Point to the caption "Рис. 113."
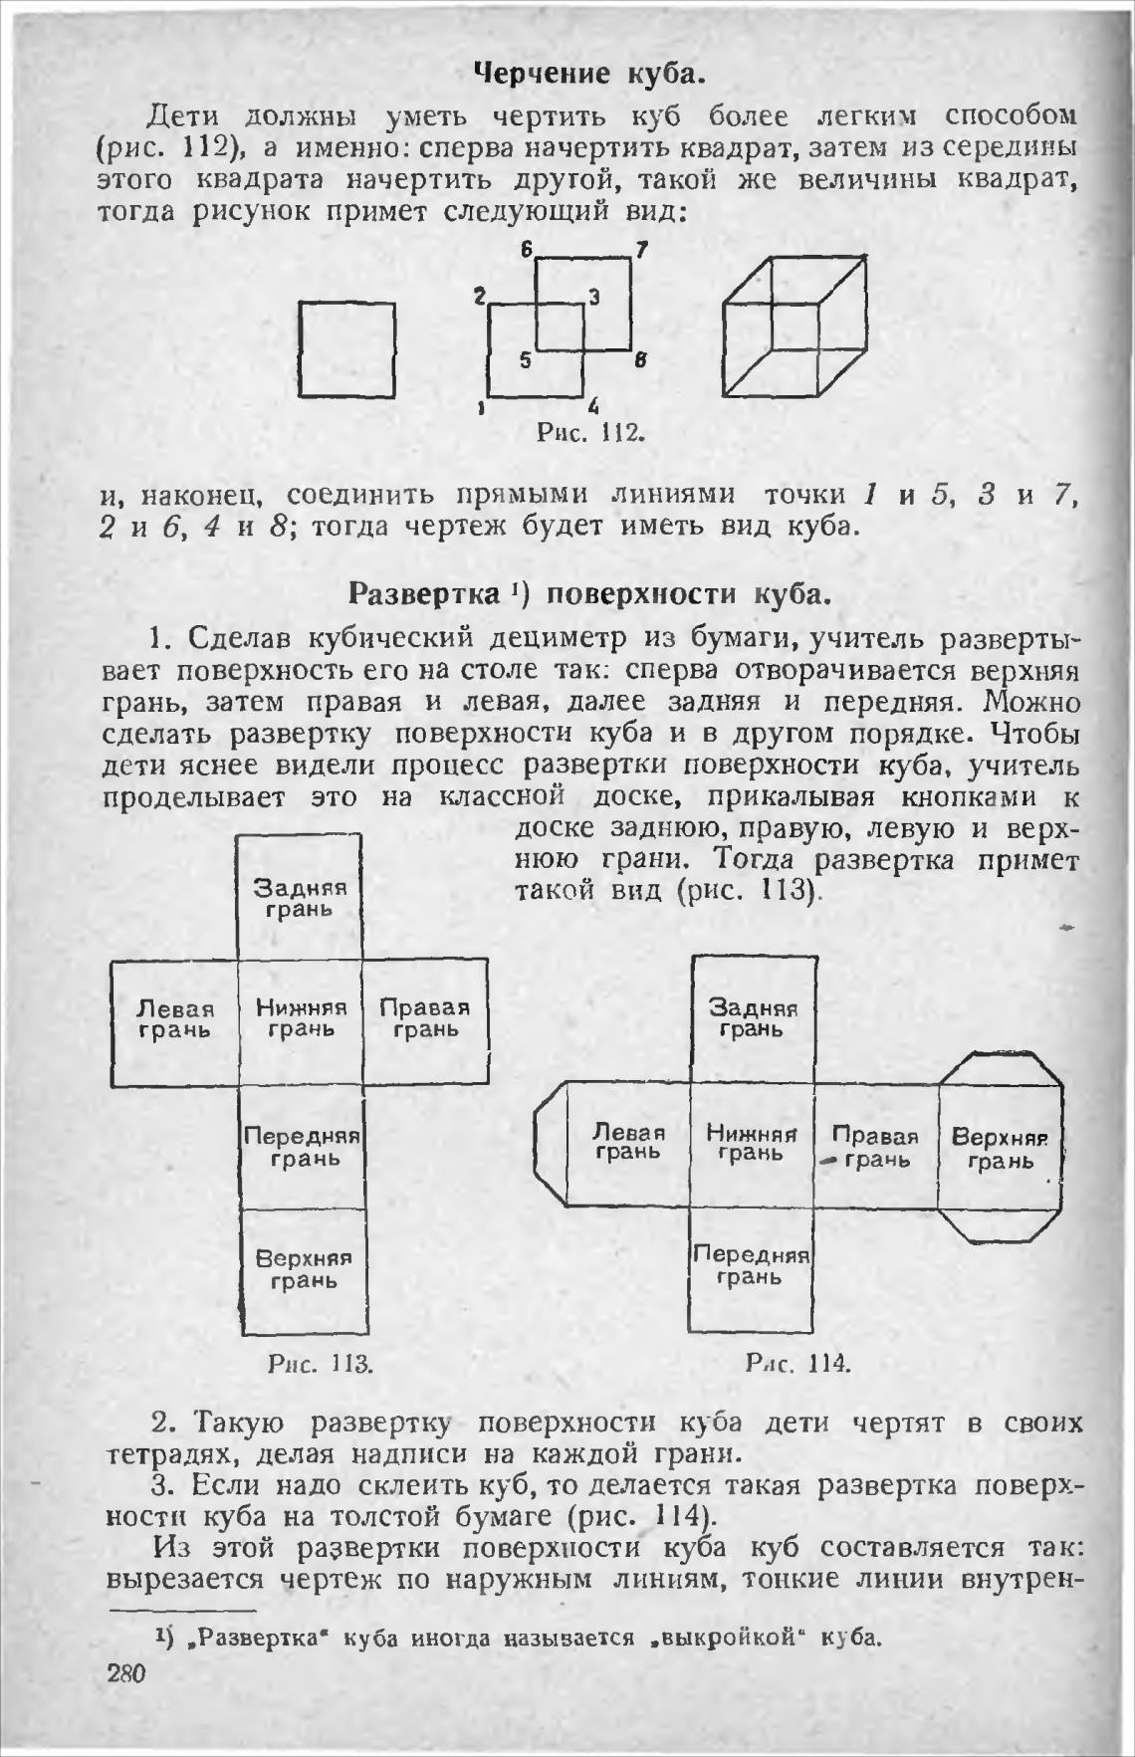click(321, 1363)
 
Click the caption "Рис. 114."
click(797, 1363)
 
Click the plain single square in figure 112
click(347, 350)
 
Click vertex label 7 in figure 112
click(642, 250)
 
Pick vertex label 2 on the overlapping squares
click(479, 296)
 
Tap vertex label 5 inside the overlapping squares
click(525, 361)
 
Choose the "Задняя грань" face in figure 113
click(299, 897)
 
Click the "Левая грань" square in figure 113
click(175, 1021)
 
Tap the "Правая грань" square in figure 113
click(425, 1021)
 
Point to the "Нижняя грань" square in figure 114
click(753, 1146)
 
